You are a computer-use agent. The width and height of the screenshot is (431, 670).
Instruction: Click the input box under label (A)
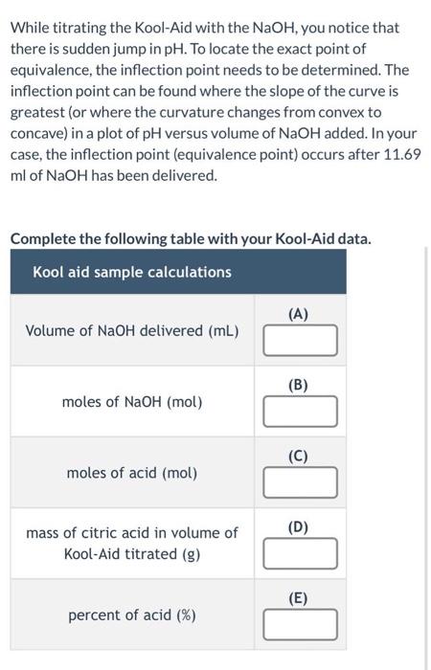(x=301, y=340)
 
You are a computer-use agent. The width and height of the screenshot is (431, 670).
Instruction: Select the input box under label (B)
(x=301, y=412)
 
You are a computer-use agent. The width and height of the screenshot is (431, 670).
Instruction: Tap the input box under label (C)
(x=301, y=483)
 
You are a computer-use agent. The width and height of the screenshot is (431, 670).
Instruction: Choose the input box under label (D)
(x=301, y=552)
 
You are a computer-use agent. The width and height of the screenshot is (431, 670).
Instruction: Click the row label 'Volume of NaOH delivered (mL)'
(x=132, y=331)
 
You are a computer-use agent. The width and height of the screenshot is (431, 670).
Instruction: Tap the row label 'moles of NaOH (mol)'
(x=132, y=402)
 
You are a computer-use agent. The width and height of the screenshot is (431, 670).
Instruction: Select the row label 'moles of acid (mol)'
(x=132, y=473)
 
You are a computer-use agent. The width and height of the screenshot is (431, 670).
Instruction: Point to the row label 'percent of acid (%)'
(x=132, y=614)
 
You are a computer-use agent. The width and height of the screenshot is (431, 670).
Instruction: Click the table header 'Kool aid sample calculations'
(x=132, y=272)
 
